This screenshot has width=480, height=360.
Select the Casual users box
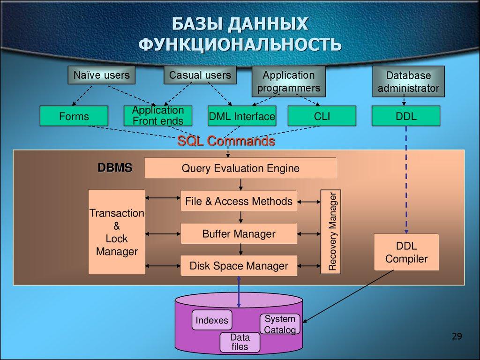(200, 75)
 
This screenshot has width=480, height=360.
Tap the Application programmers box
(288, 81)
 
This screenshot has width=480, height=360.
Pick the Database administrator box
(408, 82)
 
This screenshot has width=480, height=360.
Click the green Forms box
(74, 116)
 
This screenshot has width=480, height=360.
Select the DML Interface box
(241, 116)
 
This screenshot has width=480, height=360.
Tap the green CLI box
(322, 116)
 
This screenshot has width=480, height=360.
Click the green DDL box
(406, 116)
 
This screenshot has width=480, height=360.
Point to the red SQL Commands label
(225, 141)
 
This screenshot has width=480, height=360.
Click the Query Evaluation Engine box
(240, 168)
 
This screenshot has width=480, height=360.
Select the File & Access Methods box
(239, 202)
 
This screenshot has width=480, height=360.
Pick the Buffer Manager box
(239, 233)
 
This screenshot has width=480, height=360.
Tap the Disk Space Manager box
(239, 266)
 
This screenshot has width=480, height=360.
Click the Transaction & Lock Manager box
(117, 232)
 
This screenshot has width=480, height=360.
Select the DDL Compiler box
(406, 252)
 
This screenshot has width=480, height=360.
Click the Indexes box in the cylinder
(212, 321)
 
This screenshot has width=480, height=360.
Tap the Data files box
(240, 342)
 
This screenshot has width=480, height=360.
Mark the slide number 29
(457, 336)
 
